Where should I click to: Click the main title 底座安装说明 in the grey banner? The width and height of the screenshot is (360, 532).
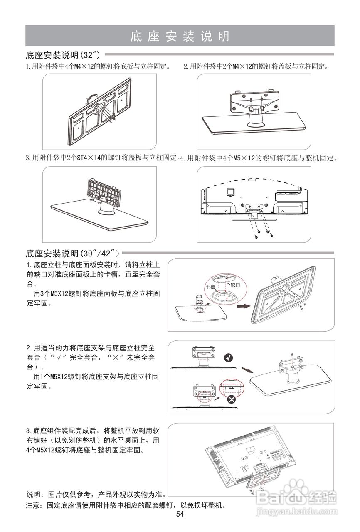coord(180,36)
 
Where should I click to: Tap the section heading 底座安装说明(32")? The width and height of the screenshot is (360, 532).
coord(63,55)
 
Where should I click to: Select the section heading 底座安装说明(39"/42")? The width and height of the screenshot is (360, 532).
coord(73,253)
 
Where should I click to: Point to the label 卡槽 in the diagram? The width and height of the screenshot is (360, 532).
coord(210,287)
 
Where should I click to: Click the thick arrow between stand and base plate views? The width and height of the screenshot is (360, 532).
coord(241,306)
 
